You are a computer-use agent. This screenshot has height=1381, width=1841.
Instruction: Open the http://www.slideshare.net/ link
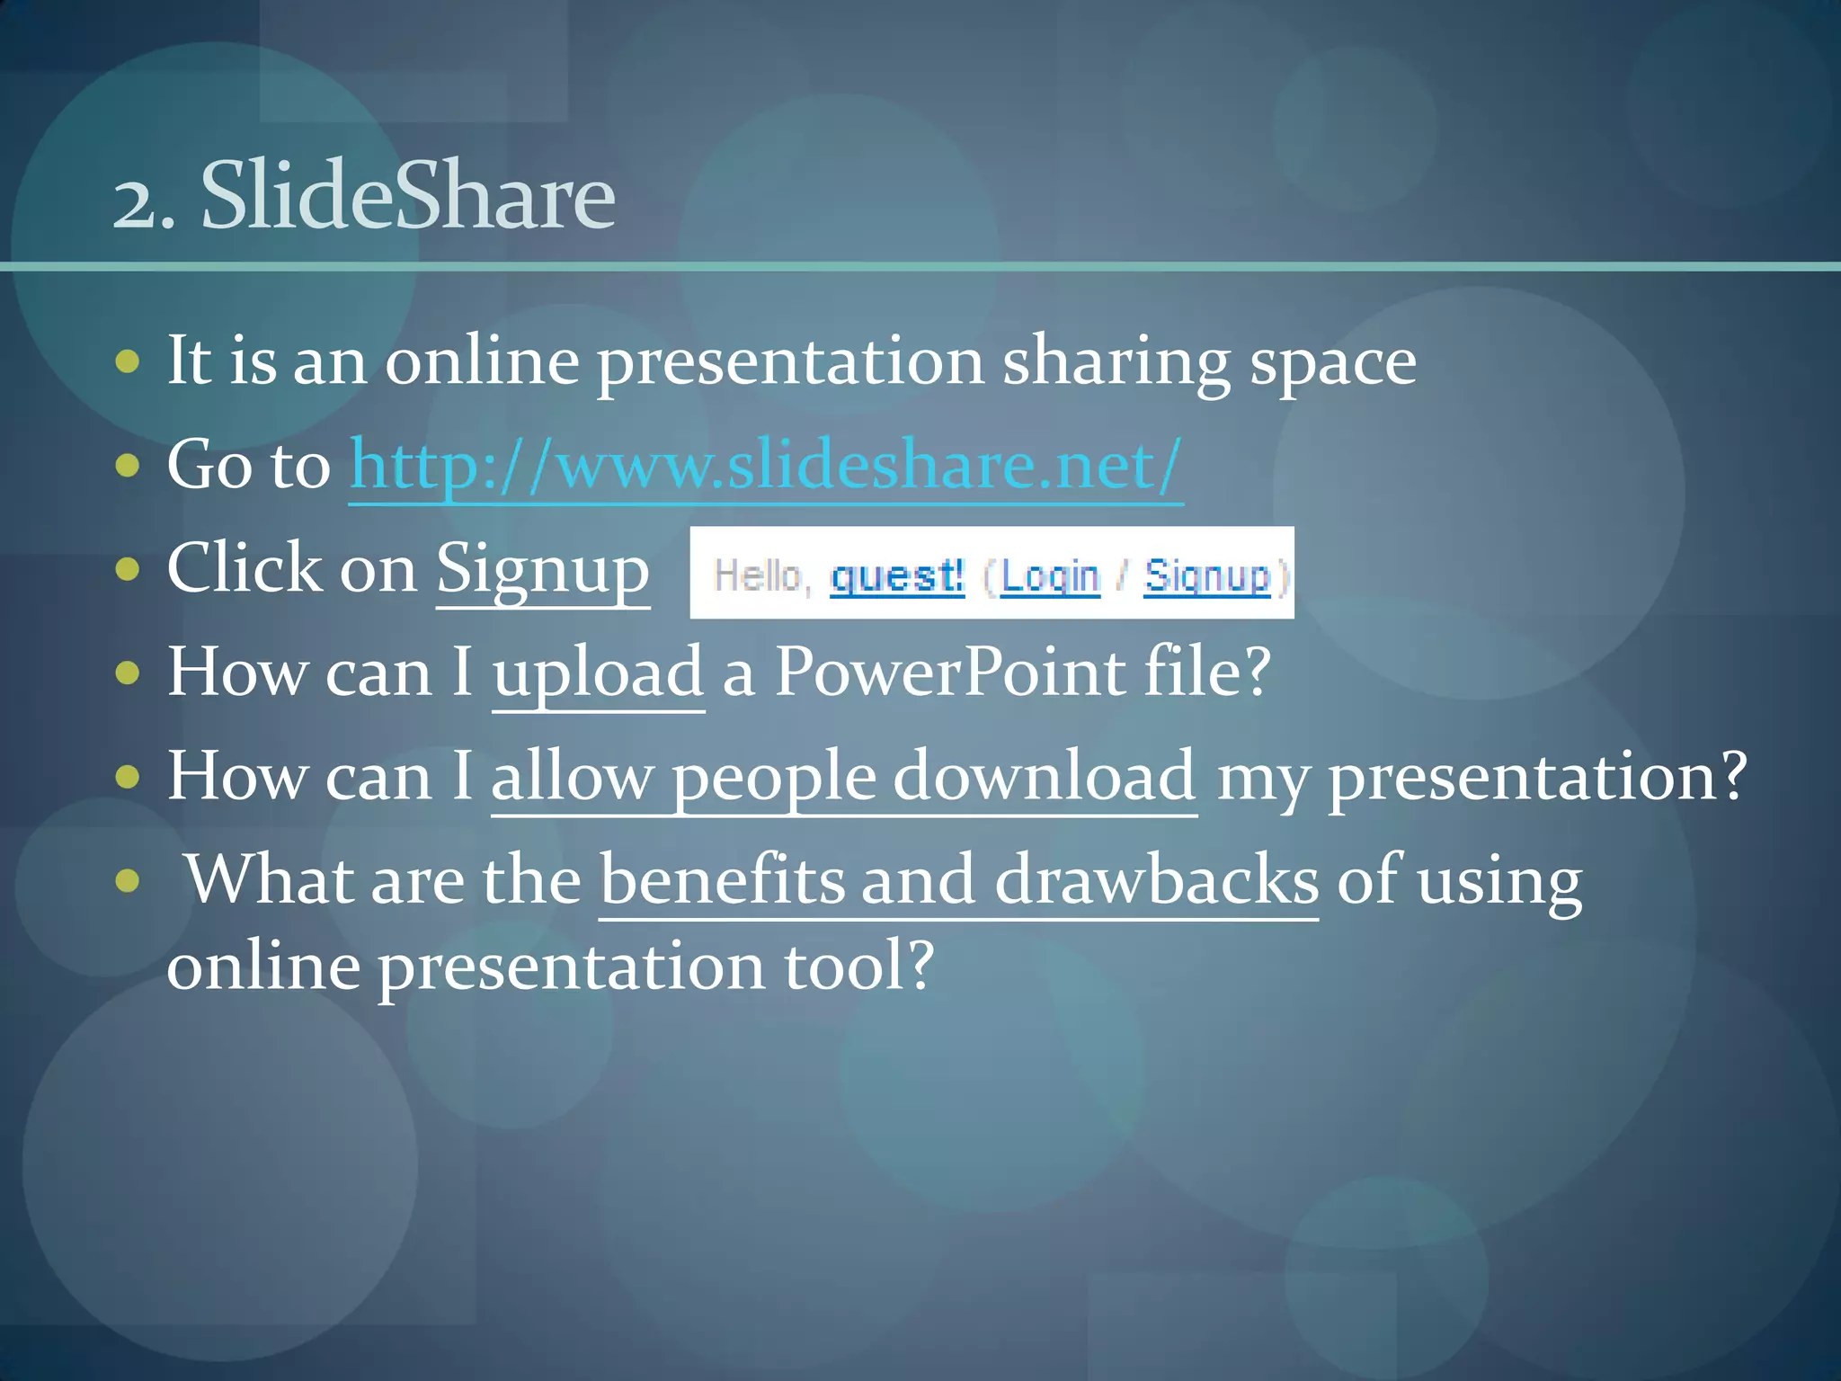tap(765, 466)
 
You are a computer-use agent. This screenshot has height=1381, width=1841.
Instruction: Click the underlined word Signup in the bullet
tap(542, 570)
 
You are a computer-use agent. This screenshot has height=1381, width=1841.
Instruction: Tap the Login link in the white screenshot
tap(1049, 575)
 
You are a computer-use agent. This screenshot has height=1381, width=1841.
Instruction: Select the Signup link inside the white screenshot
tap(1206, 575)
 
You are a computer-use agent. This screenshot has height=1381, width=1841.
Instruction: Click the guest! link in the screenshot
tap(896, 575)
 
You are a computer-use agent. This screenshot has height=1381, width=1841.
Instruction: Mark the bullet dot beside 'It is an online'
tap(129, 362)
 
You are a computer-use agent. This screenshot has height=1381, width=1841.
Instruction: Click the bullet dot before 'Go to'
tap(129, 466)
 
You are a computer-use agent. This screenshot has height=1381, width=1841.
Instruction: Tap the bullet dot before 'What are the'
tap(129, 880)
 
